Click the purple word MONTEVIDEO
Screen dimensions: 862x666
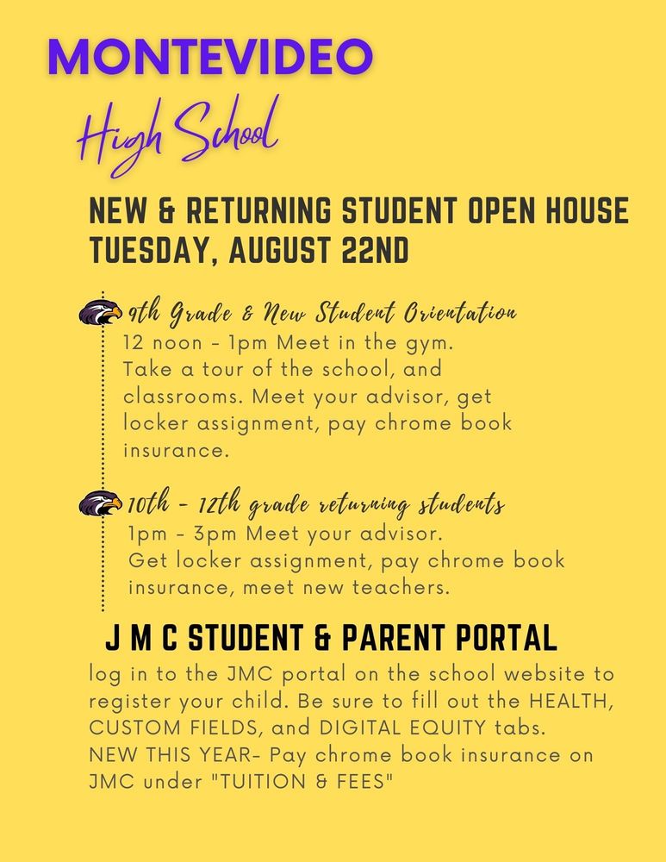click(211, 56)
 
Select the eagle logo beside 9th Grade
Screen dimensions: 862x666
click(100, 312)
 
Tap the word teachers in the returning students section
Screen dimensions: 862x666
click(408, 588)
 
